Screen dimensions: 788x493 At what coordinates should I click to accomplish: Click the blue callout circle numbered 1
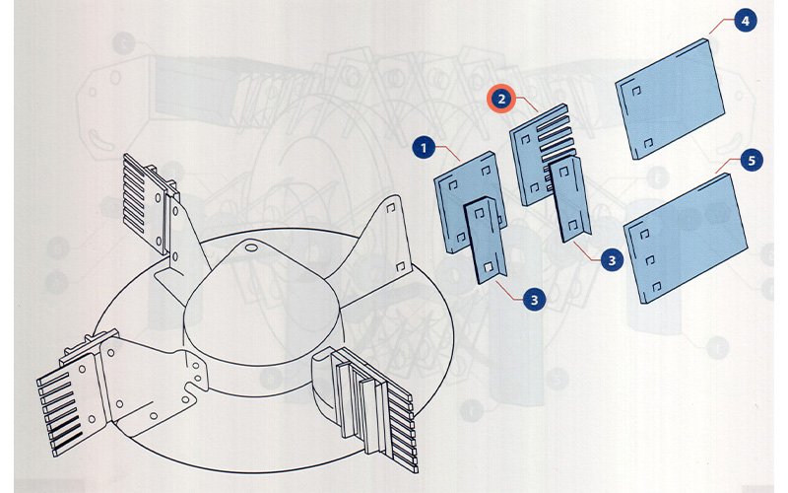425,148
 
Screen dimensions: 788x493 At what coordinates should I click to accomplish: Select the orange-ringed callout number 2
500,99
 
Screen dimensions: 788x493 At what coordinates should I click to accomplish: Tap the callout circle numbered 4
745,21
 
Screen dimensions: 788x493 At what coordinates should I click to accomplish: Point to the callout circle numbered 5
752,161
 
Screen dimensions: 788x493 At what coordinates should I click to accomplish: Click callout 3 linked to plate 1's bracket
534,300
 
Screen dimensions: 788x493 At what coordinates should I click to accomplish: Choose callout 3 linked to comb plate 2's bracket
612,260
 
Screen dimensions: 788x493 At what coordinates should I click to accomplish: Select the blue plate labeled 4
670,100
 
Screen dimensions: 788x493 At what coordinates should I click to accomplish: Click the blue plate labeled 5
685,238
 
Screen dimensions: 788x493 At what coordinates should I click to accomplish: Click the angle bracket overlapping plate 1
486,241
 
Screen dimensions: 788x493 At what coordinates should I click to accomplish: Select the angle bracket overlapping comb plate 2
569,199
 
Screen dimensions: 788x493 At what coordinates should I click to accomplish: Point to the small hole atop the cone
250,247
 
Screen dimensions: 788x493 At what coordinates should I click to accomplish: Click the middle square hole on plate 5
649,260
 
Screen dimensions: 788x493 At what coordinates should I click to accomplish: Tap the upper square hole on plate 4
635,91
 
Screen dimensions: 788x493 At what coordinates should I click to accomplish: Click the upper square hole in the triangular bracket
391,208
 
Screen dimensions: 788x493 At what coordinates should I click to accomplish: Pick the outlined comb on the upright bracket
144,202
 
